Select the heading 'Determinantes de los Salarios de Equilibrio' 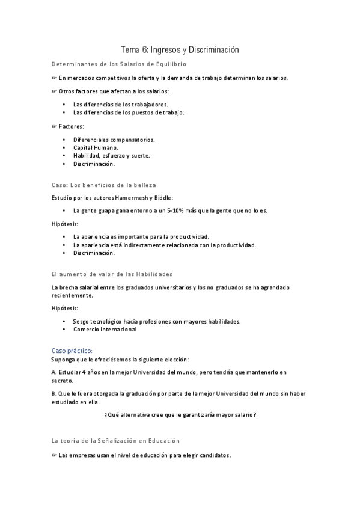click(x=119, y=63)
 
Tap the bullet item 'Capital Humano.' click(x=96, y=147)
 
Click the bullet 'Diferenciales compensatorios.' click(x=114, y=140)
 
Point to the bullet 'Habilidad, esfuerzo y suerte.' click(x=111, y=155)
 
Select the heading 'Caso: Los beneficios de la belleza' click(x=104, y=185)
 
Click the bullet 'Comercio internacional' click(x=105, y=329)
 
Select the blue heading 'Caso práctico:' click(x=72, y=350)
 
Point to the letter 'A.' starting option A click(x=55, y=372)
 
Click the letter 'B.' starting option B click(x=55, y=394)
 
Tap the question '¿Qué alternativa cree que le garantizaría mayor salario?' click(x=180, y=414)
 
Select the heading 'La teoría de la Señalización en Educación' click(x=115, y=441)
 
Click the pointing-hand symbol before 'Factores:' click(x=54, y=126)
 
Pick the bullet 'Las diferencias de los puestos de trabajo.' click(x=129, y=112)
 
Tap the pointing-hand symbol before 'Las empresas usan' click(x=54, y=456)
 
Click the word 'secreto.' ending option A click(x=63, y=381)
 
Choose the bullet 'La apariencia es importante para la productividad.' click(x=141, y=236)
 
